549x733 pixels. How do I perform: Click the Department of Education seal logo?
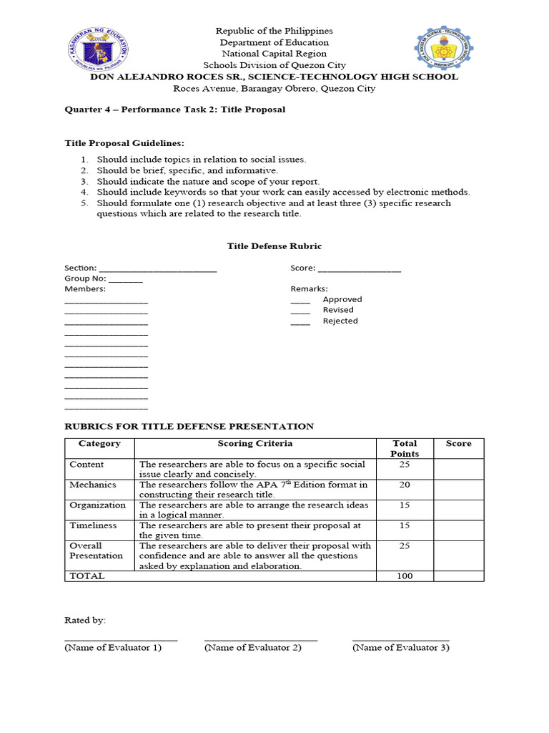99,50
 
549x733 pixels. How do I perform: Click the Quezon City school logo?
445,51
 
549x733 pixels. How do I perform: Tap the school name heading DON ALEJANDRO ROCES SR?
274,77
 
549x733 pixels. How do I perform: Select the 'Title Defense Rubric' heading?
274,246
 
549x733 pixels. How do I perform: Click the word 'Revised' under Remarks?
338,310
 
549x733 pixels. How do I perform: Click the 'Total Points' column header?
405,448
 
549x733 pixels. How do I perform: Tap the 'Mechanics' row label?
93,485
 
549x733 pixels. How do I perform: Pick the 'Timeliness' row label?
93,525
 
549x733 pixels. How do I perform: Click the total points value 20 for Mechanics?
405,485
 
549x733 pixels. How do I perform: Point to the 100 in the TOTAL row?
405,576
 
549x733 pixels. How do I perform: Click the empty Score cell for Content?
458,469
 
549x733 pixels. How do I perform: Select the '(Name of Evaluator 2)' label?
252,648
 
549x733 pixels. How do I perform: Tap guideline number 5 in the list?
84,203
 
